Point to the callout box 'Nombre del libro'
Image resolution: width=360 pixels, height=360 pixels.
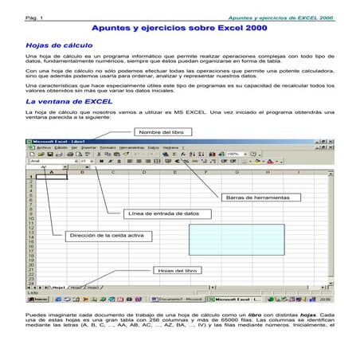[x=162, y=131]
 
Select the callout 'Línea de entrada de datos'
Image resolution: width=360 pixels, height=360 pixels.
[x=164, y=213]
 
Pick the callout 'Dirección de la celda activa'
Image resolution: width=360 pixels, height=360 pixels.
[x=106, y=235]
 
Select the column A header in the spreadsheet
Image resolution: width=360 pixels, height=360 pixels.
[x=51, y=171]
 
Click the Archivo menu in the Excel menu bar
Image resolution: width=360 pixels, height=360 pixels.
[x=43, y=147]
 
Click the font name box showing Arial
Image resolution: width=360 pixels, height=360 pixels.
[x=48, y=160]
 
